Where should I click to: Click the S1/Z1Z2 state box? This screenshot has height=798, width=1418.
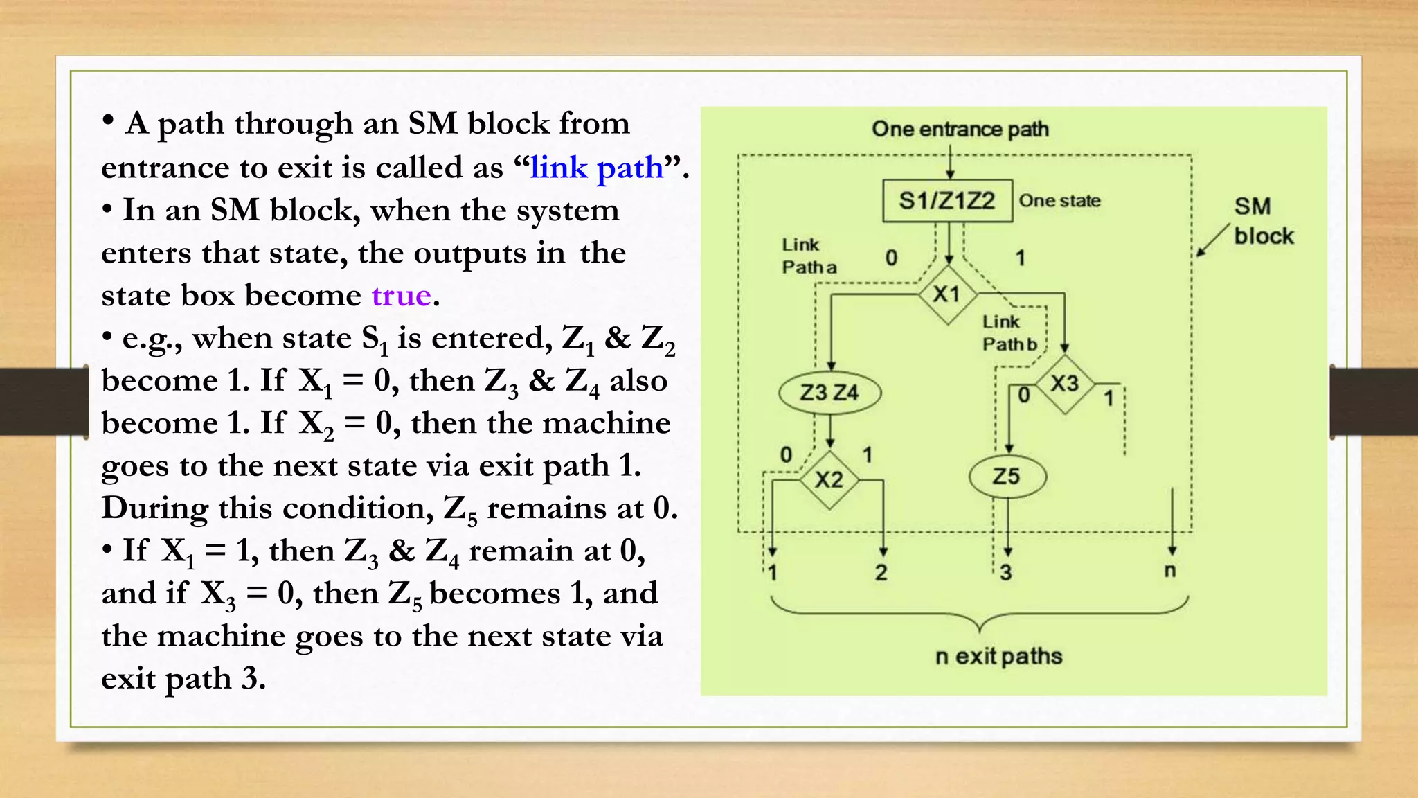[946, 201]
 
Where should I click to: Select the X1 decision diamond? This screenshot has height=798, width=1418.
[947, 294]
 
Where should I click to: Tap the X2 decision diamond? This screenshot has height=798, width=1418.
[829, 479]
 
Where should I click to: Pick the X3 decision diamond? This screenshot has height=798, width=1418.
[1065, 383]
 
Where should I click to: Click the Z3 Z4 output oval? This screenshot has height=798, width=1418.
[829, 393]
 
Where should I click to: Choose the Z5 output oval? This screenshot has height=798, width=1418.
[1007, 477]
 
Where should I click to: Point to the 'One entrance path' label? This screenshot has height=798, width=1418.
[960, 129]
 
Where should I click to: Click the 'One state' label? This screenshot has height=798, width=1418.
[1059, 201]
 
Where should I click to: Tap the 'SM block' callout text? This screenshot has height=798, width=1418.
[1262, 221]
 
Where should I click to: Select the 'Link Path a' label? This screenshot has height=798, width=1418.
[808, 256]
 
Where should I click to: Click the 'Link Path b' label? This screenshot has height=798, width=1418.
[1009, 332]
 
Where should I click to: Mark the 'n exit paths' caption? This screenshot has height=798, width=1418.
[998, 656]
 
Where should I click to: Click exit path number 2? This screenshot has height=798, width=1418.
[881, 573]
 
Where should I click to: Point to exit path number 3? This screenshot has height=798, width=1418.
[1006, 573]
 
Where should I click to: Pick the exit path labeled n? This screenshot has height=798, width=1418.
[1170, 571]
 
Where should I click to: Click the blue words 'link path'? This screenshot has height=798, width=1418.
[597, 168]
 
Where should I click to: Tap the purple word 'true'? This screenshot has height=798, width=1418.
[402, 296]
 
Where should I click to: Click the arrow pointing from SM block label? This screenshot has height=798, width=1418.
[1212, 240]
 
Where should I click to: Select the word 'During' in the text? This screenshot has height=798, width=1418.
[154, 508]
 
